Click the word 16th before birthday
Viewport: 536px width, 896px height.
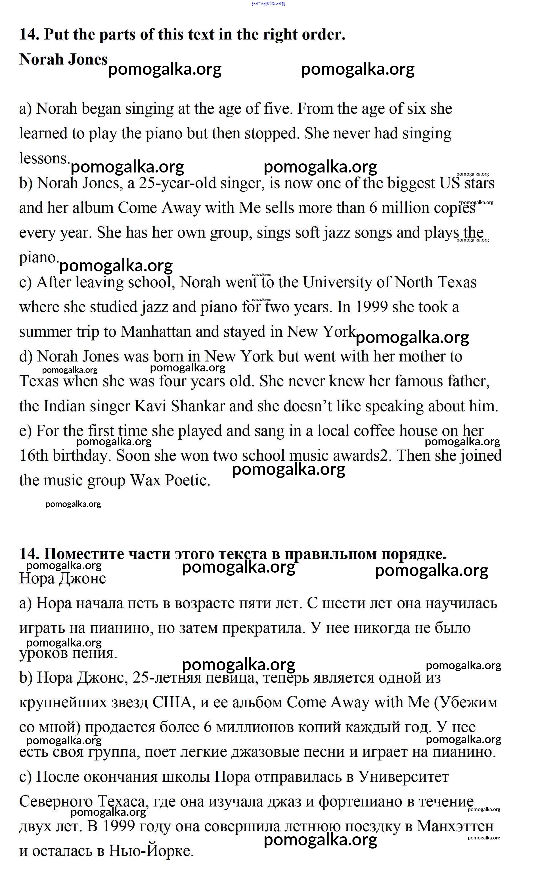34,456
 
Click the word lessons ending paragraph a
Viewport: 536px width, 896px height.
44,158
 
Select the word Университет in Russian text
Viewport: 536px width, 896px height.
403,777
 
